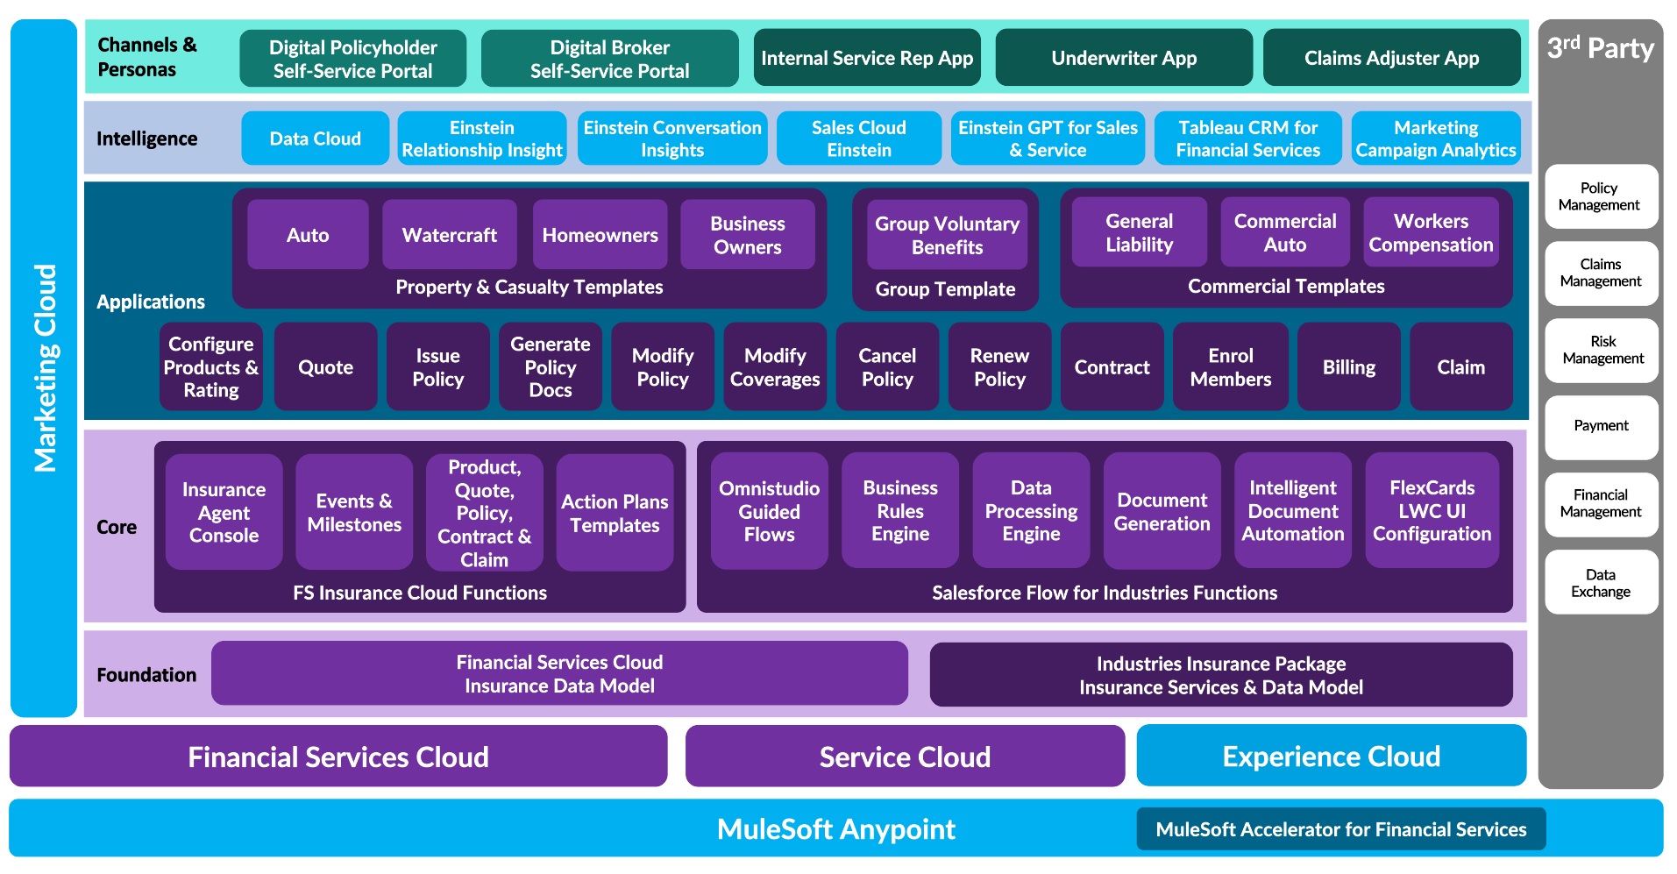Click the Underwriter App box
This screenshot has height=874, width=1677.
(x=1124, y=58)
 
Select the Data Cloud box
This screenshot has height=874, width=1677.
(x=315, y=139)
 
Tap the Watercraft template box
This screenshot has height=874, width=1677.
(x=449, y=235)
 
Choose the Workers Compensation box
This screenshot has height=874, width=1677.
(x=1431, y=233)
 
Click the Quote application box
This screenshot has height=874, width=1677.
(x=325, y=367)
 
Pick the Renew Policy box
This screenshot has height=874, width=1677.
(x=999, y=367)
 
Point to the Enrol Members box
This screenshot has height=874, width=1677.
(x=1230, y=367)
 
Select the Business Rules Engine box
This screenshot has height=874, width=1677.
(x=900, y=511)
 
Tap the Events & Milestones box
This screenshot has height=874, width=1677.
(x=354, y=513)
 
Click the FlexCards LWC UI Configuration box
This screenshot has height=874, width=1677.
(x=1432, y=511)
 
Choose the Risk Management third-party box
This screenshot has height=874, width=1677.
(x=1602, y=350)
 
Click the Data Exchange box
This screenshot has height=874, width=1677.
(x=1601, y=583)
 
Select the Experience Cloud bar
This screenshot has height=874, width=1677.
(x=1331, y=757)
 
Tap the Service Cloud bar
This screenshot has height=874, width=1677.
(x=905, y=757)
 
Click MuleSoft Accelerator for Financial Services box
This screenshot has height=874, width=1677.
(x=1340, y=829)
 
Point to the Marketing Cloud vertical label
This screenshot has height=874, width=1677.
(x=45, y=368)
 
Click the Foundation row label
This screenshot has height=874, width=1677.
(x=146, y=675)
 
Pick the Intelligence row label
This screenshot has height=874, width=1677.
(x=146, y=139)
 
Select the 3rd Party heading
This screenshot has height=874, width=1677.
(x=1600, y=48)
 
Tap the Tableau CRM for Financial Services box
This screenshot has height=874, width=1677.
(x=1247, y=139)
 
